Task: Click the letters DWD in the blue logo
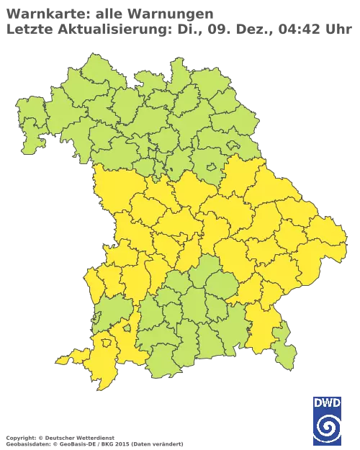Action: (x=328, y=404)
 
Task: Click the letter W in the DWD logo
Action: (x=328, y=404)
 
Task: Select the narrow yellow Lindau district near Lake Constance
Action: (x=66, y=359)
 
